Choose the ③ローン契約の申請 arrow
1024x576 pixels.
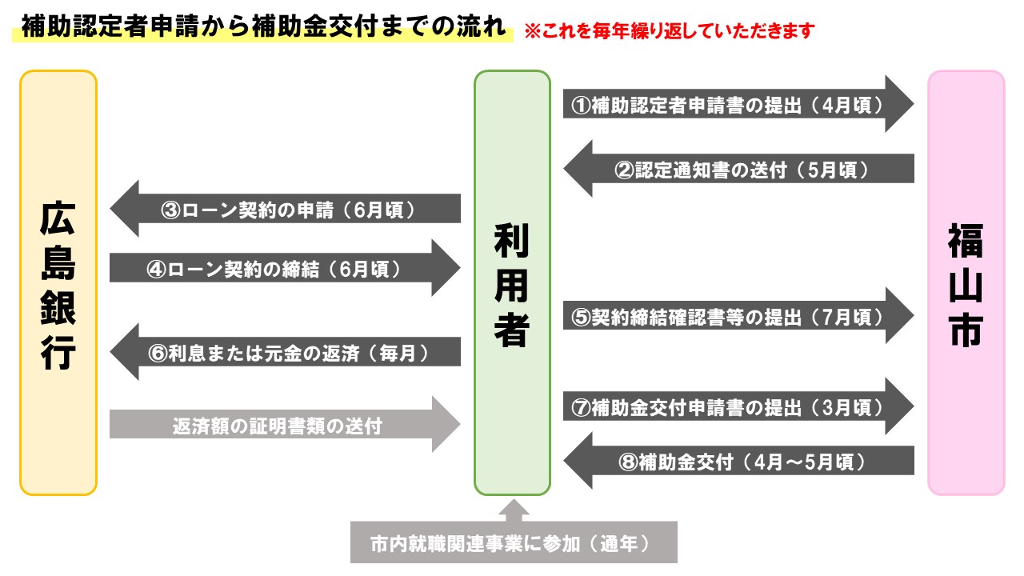coord(286,209)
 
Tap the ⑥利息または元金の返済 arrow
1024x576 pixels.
coord(286,353)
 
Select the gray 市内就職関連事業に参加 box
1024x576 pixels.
coord(514,543)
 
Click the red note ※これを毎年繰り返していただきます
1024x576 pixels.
coord(669,32)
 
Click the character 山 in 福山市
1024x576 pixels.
coord(966,285)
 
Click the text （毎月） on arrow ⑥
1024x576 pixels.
coord(405,353)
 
